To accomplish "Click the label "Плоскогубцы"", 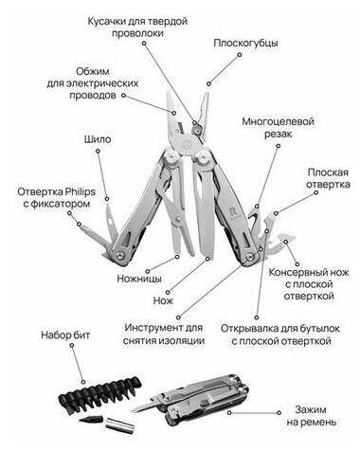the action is click(x=245, y=44).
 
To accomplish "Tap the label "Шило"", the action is click(x=98, y=139).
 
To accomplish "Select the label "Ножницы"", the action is click(x=139, y=279).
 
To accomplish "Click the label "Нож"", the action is click(x=163, y=300).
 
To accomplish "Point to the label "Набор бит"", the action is click(x=65, y=335).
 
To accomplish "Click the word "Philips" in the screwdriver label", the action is click(x=81, y=191).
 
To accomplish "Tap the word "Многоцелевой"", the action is click(x=278, y=121).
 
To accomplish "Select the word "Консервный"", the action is click(x=296, y=272).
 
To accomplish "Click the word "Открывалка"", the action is click(x=245, y=329).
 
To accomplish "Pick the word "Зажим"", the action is click(x=311, y=410).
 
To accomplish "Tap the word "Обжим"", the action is click(x=93, y=71).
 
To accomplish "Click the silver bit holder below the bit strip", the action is click(x=119, y=424).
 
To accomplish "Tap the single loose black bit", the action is click(x=92, y=420).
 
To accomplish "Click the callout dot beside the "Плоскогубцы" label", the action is click(x=240, y=55).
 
